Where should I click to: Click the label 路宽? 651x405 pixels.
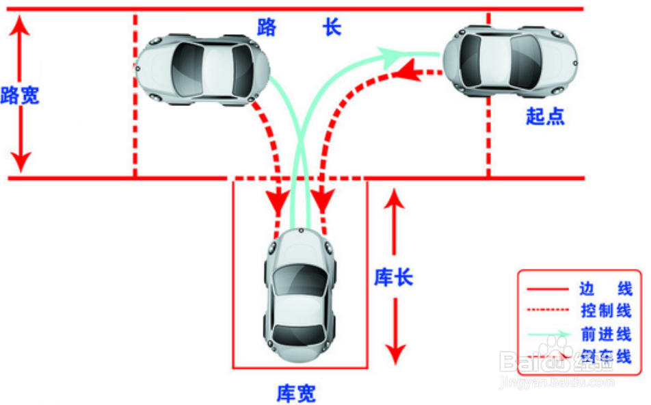(20, 95)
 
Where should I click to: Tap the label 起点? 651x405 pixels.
(545, 116)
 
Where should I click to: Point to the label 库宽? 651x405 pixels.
(296, 393)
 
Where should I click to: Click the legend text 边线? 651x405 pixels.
(605, 288)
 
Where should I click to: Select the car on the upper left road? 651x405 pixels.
(202, 69)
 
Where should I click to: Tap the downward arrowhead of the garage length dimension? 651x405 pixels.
(395, 352)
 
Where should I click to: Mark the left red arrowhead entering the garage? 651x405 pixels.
(278, 200)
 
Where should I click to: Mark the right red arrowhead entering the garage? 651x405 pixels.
(323, 200)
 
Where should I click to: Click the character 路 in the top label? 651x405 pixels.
(266, 28)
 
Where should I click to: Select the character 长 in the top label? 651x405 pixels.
(332, 28)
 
